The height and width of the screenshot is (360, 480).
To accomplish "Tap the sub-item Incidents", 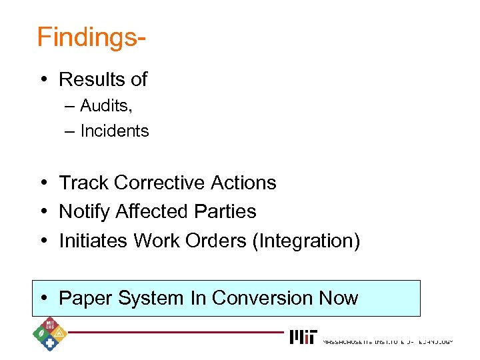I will [114, 131].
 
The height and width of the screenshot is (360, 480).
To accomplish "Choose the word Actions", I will [242, 183].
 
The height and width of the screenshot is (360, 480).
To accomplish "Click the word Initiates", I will [93, 241].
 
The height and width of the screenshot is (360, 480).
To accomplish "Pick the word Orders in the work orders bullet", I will [216, 241].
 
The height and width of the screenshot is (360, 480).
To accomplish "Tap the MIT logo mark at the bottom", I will [303, 337].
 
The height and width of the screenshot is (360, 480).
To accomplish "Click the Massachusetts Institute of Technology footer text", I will [387, 341].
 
